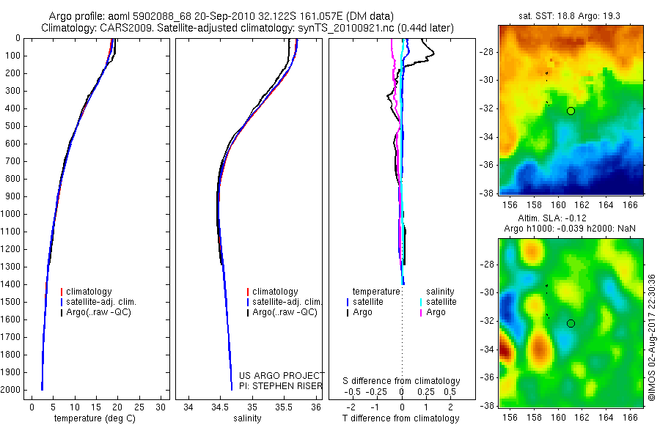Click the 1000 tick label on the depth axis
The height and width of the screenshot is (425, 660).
[x=10, y=214]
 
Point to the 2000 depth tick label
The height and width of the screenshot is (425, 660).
[x=10, y=390]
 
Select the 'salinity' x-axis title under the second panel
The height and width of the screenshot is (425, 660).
[x=246, y=418]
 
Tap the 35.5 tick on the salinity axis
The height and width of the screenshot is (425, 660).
[x=284, y=407]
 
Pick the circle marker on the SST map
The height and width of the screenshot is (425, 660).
[x=571, y=111]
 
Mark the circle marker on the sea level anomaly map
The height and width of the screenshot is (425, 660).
[x=571, y=323]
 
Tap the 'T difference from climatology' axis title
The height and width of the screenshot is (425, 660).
[x=401, y=418]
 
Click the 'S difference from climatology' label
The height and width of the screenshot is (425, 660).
[x=401, y=381]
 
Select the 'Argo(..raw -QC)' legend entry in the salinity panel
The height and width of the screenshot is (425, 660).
[x=285, y=312]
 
